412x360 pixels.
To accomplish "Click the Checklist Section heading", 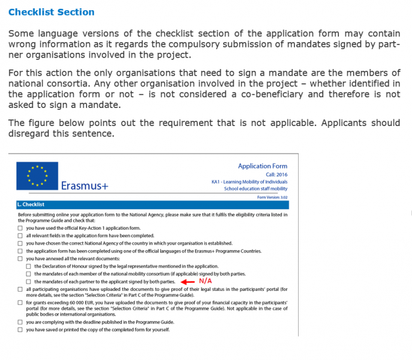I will click(51, 12).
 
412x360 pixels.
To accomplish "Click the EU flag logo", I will click(38, 175).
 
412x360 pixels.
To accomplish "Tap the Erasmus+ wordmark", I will click(85, 185).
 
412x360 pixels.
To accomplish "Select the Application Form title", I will click(262, 166).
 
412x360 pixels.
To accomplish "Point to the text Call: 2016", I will click(275, 174).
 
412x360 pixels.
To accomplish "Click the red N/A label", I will click(205, 281).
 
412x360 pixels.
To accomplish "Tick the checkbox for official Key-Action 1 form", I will click(20, 229).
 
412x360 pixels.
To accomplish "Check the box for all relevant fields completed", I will click(20, 236).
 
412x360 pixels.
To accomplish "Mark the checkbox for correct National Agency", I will click(20, 244).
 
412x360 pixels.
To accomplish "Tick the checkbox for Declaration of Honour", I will click(29, 266).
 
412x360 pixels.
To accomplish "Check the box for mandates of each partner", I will click(29, 281).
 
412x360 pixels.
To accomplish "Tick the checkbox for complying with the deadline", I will click(20, 322).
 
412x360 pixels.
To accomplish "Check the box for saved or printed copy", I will click(20, 330).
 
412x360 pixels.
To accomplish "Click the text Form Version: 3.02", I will click(272, 197).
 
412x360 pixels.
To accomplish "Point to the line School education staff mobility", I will click(255, 189).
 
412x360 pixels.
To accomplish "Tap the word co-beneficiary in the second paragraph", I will click(263, 94).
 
